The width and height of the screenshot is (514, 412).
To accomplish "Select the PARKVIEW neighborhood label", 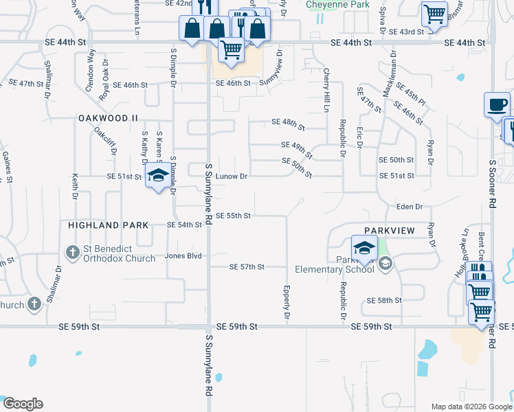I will coord(390,231).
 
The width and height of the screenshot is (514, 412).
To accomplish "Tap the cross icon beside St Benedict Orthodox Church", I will coord(73,253).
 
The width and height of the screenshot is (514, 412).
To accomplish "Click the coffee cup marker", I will coord(497,105).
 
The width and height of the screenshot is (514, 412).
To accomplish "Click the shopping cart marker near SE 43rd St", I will coord(434,13).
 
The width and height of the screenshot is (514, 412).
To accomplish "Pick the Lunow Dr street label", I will coord(232,176).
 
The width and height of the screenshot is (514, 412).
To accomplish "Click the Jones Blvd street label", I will coord(183,256).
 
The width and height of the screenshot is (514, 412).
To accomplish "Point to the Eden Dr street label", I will coord(409,207).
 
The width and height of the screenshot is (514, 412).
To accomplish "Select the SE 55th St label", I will coord(233,216).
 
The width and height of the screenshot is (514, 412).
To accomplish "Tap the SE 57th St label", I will coord(247,266).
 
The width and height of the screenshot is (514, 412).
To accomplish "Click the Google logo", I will coord(23,404).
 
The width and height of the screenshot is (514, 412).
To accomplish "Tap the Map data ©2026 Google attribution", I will coord(471,407).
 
